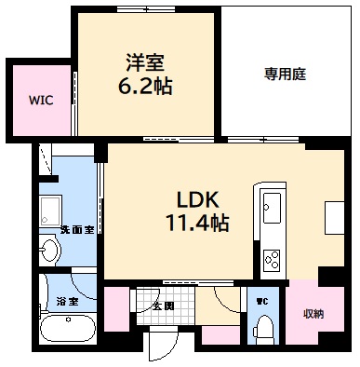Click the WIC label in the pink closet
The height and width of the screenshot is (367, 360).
[x=40, y=97]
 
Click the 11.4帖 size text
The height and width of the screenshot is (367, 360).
[x=197, y=224]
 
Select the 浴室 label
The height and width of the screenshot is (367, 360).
[x=66, y=302]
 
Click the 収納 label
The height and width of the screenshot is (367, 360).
[x=313, y=314]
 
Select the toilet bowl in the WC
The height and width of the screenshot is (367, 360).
[x=263, y=328]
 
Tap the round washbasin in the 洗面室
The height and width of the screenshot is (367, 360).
[x=50, y=249]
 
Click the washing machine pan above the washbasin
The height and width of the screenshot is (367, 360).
[x=51, y=208]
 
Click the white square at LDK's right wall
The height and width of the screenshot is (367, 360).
[x=333, y=216]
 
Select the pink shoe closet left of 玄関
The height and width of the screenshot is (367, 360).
[x=115, y=309]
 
